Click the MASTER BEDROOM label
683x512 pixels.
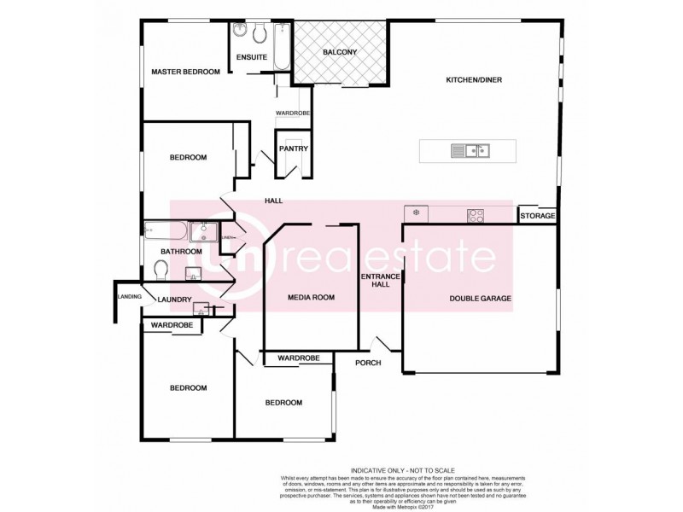click(185, 73)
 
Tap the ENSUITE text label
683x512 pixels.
click(251, 57)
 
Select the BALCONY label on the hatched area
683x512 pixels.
click(339, 53)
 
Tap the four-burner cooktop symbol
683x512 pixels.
click(476, 215)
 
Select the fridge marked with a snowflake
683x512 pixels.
click(416, 212)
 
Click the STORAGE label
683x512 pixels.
click(538, 217)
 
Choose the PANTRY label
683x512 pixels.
click(292, 149)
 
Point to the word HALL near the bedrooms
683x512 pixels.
click(273, 201)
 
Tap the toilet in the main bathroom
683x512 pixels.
click(160, 271)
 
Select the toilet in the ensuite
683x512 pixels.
click(240, 33)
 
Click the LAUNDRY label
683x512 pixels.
click(174, 300)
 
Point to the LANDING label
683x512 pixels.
click(129, 296)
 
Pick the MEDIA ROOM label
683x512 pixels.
click(311, 297)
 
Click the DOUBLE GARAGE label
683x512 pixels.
click(481, 299)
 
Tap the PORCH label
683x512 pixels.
click(368, 363)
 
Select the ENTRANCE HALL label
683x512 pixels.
click(375, 280)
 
